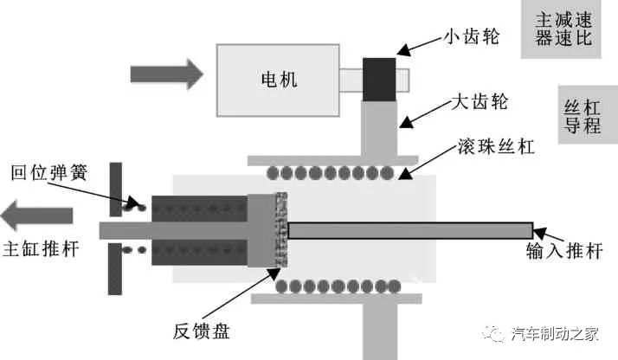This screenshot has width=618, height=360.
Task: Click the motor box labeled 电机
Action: [278, 80]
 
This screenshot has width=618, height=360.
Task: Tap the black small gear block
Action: [379, 77]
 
